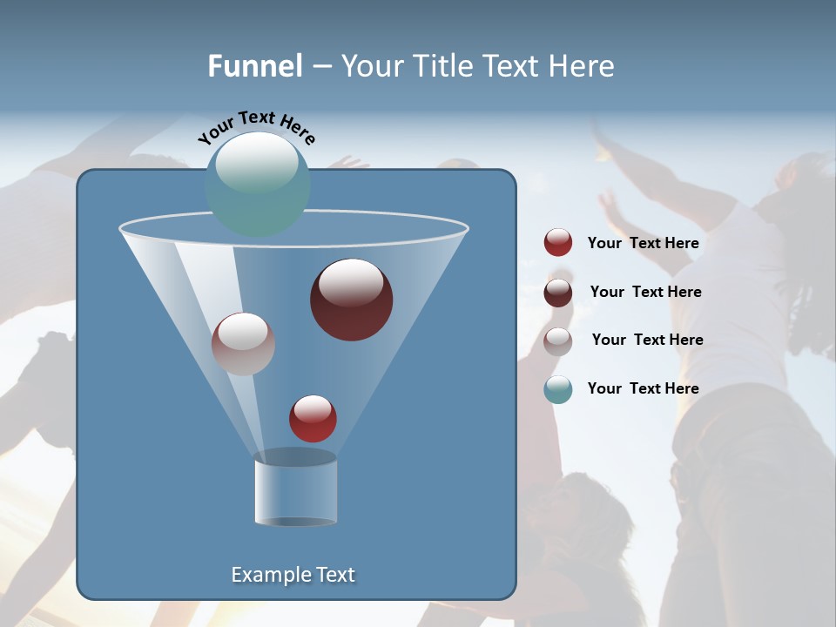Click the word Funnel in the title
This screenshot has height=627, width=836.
[255, 66]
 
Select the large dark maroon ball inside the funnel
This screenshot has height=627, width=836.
[352, 300]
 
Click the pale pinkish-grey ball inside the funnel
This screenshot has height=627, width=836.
[243, 344]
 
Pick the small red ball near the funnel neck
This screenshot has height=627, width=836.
[313, 419]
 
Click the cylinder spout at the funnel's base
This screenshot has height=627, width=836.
[295, 489]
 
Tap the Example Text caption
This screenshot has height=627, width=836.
[293, 575]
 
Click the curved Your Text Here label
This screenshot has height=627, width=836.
[256, 126]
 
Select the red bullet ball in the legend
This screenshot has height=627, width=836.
[558, 243]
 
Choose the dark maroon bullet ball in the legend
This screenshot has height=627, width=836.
[558, 293]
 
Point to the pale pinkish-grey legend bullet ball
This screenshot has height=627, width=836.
[558, 340]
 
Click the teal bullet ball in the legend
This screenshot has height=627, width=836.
[558, 389]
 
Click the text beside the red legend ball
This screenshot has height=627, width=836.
[643, 244]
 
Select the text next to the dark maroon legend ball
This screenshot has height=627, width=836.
[645, 293]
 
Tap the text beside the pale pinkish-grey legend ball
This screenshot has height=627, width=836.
[647, 340]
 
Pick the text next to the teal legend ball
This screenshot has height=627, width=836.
[643, 389]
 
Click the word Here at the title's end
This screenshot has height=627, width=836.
[583, 66]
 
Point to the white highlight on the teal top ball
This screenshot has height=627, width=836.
[257, 165]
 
